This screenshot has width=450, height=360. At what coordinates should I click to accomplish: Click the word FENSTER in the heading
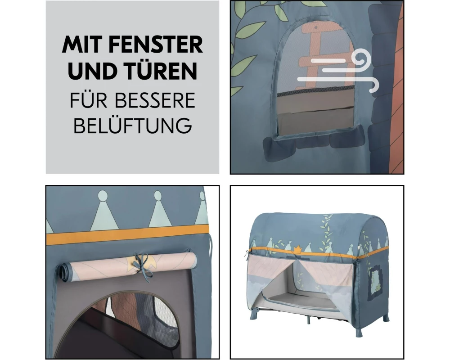(156, 45)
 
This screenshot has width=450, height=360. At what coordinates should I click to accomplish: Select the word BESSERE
(155, 100)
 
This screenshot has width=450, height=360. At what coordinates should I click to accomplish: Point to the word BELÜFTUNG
(133, 125)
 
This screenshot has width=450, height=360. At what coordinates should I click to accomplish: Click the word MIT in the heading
(82, 45)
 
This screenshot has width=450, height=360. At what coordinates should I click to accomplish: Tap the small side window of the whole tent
(375, 283)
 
